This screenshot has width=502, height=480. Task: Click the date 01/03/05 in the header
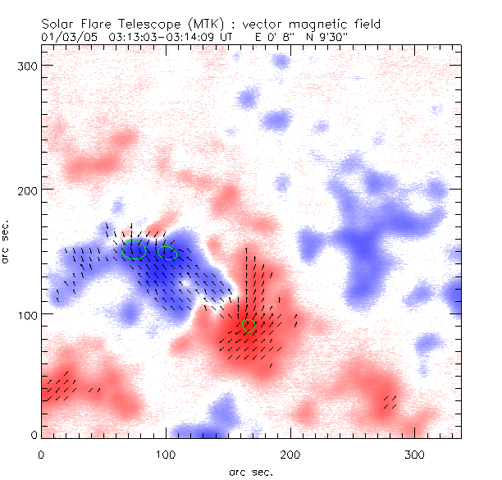click(66, 36)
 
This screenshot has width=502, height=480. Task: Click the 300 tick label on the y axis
click(28, 65)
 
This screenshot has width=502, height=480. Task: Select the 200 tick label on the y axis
click(28, 190)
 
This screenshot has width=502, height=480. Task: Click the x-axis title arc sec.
click(251, 471)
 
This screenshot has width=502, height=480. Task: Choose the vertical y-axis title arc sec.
click(9, 241)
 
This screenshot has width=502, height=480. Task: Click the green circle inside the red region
click(249, 326)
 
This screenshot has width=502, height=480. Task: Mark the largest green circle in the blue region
click(135, 249)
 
